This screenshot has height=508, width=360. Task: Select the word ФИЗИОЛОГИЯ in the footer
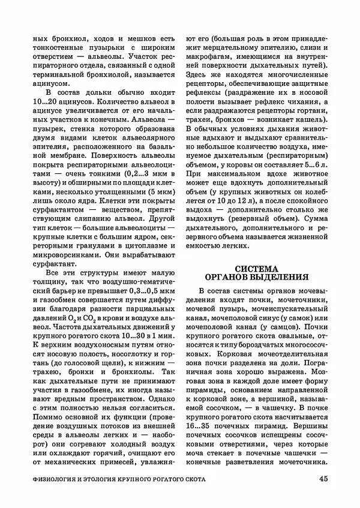[x=60, y=480]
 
